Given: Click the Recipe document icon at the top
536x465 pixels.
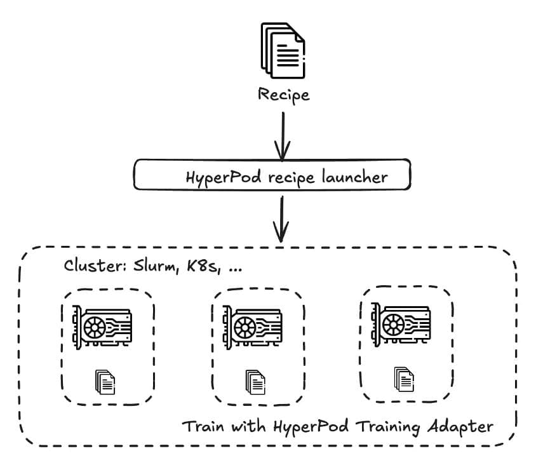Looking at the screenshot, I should coord(283,51).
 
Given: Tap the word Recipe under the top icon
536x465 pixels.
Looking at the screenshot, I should coord(284,95).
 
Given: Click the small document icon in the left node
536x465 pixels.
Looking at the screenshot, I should coord(105,382).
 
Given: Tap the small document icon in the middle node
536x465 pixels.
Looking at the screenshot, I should coord(255,382).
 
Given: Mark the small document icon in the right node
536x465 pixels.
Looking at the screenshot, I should coord(404,379).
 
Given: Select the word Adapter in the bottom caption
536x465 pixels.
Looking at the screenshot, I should coord(464,426).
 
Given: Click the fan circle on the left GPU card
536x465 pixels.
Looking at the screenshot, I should coord(96,328).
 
